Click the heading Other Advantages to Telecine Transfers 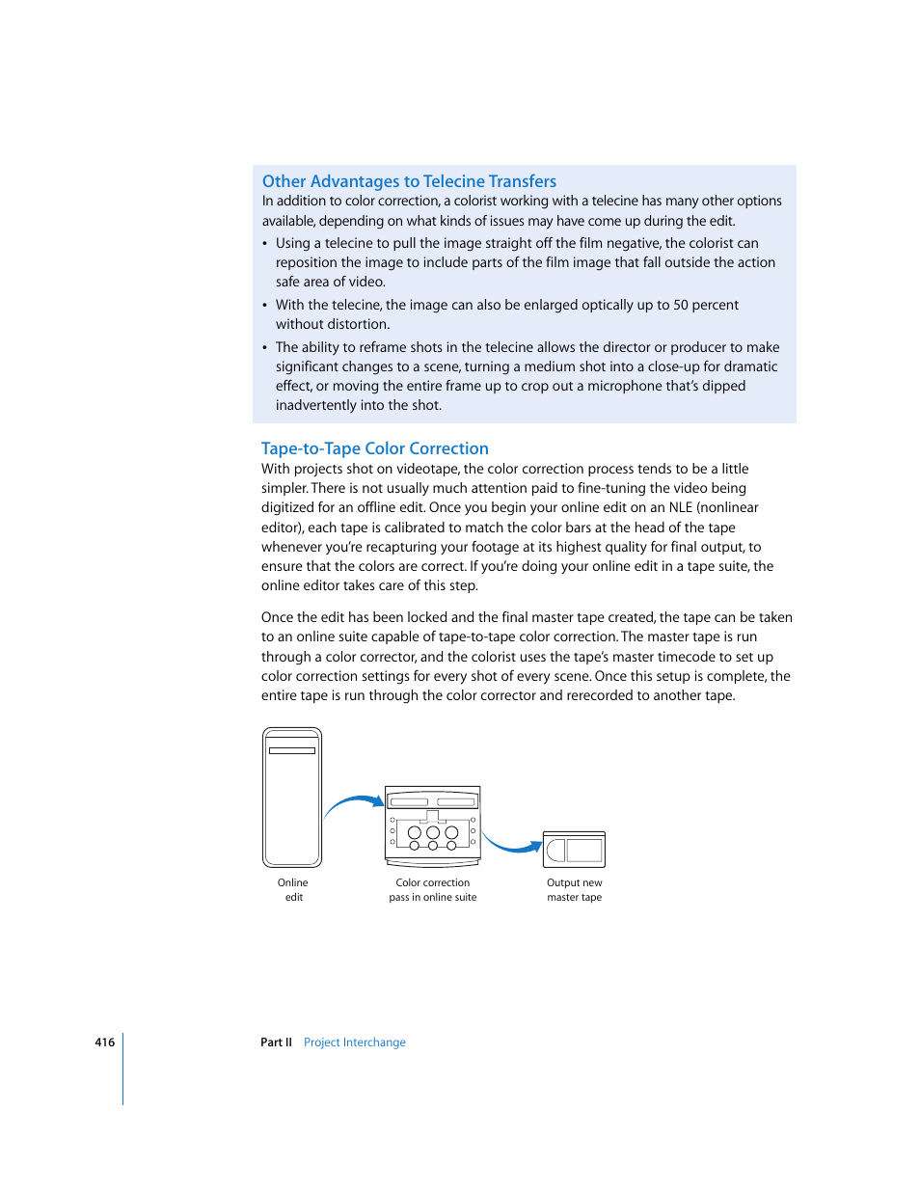[409, 181]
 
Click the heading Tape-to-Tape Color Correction [374, 448]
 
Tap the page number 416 [104, 1042]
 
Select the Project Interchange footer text [354, 1042]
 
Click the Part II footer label [276, 1042]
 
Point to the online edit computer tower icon [292, 798]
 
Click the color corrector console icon [432, 825]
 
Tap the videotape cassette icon [574, 850]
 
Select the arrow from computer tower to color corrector [353, 802]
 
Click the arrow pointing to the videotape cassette [511, 846]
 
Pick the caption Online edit [293, 890]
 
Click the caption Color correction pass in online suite [432, 890]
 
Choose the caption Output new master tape [574, 890]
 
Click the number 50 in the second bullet [681, 305]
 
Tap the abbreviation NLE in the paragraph [680, 507]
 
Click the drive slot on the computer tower [292, 750]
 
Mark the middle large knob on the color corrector [433, 832]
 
